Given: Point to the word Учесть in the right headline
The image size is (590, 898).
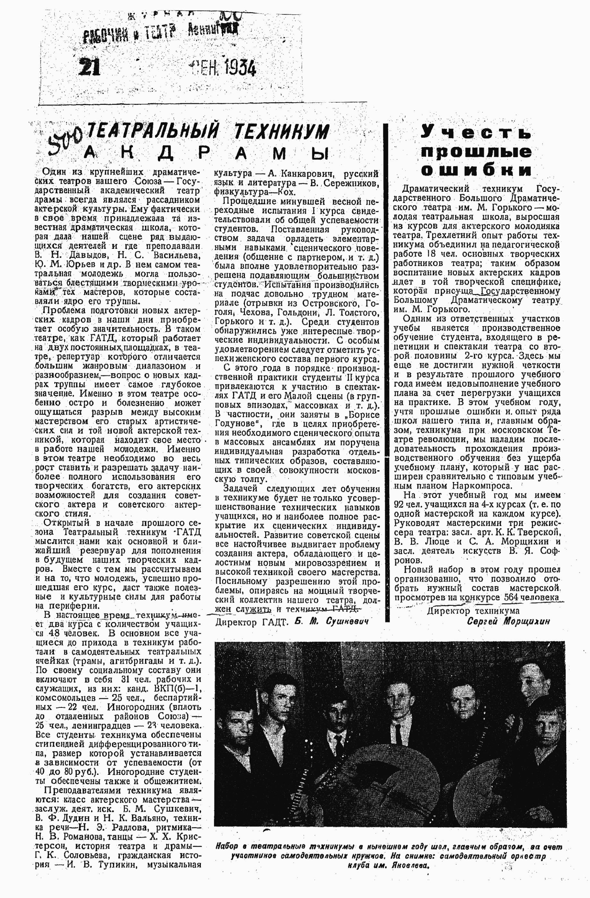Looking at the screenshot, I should [476, 133].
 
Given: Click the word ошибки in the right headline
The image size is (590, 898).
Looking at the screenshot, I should [476, 170].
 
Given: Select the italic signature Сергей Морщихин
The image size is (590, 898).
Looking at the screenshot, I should [508, 621].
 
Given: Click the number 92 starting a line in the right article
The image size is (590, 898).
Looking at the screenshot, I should [399, 504].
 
